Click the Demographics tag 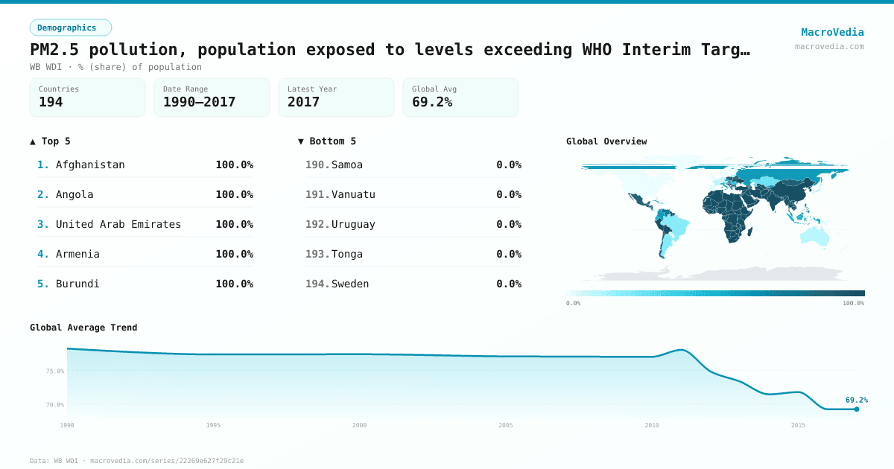pyautogui.click(x=70, y=28)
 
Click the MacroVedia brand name pyautogui.click(x=832, y=32)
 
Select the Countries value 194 pyautogui.click(x=51, y=102)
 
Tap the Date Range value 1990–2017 pyautogui.click(x=199, y=102)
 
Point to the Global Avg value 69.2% pyautogui.click(x=432, y=102)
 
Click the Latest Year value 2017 pyautogui.click(x=303, y=102)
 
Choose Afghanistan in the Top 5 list pyautogui.click(x=90, y=165)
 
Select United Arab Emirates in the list pyautogui.click(x=118, y=224)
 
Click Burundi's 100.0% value pyautogui.click(x=234, y=284)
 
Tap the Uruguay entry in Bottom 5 pyautogui.click(x=353, y=224)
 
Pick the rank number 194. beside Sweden pyautogui.click(x=317, y=284)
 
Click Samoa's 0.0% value pyautogui.click(x=509, y=165)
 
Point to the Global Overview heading pyautogui.click(x=606, y=141)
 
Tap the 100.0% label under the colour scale pyautogui.click(x=853, y=303)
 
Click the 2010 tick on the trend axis pyautogui.click(x=652, y=425)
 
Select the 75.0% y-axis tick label pyautogui.click(x=55, y=371)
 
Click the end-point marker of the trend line pyautogui.click(x=857, y=409)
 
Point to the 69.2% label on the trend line pyautogui.click(x=856, y=400)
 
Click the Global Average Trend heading pyautogui.click(x=83, y=328)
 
